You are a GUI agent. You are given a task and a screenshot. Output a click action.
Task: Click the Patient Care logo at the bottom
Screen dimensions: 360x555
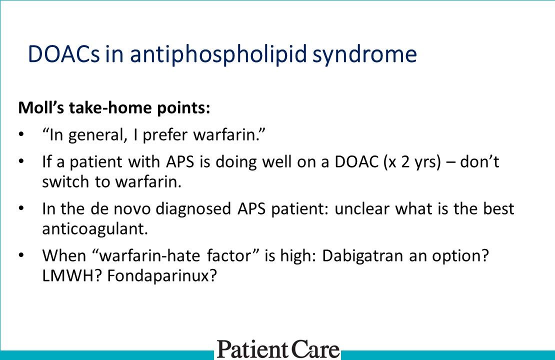pyautogui.click(x=277, y=348)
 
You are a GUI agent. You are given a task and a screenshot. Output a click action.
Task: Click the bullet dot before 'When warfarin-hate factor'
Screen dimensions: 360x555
pyautogui.click(x=20, y=255)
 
